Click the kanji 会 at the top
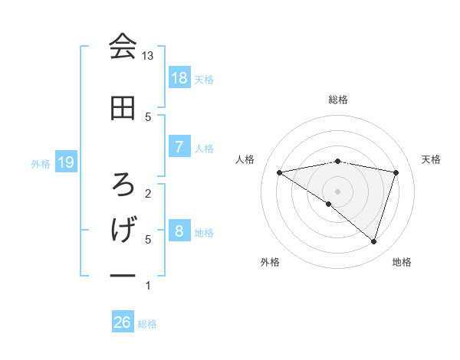(x=122, y=47)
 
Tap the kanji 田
(x=122, y=108)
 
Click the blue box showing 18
(x=179, y=77)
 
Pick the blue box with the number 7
(x=179, y=146)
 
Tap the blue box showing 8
(x=179, y=231)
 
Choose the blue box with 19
(x=66, y=162)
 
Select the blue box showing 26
(x=122, y=322)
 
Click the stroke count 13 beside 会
(x=148, y=55)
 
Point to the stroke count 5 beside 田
(x=148, y=116)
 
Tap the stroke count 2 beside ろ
(x=148, y=193)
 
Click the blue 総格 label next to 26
(x=147, y=324)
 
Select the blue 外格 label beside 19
(x=41, y=163)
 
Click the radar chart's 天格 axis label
(x=432, y=159)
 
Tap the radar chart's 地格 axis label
(x=402, y=262)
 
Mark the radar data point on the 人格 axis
(x=280, y=172)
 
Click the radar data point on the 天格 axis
(x=396, y=172)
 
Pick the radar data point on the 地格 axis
(x=373, y=241)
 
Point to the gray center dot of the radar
(x=337, y=191)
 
